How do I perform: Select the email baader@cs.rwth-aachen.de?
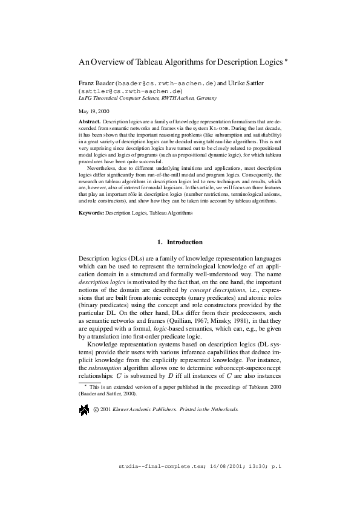click(166, 83)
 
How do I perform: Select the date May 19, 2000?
click(94, 112)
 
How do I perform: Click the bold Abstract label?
click(90, 122)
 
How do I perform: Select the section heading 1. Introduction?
click(180, 242)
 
